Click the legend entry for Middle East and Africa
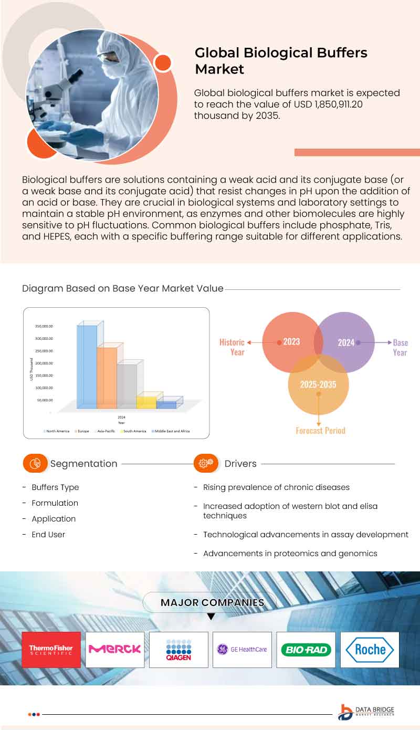coord(171,431)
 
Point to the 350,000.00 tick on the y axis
coord(44,326)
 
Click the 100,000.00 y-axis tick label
coord(44,388)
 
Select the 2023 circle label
coord(291,342)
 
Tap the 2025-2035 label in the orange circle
coord(318,384)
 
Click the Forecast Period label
coord(320,431)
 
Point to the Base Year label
coord(400,347)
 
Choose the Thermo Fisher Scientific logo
coord(51,650)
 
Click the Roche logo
coord(370,650)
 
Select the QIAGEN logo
coord(178,650)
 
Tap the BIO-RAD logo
coord(306,650)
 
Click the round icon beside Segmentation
coord(35,464)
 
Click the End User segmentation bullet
coord(48,535)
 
